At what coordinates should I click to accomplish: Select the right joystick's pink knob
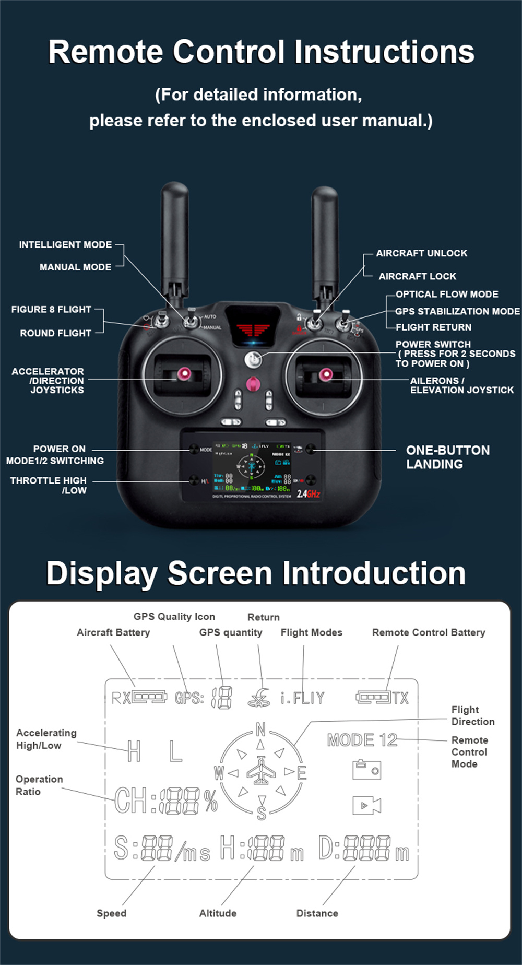pos(325,374)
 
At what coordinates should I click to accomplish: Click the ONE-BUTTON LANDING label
pos(447,457)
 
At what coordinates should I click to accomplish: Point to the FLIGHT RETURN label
pos(433,327)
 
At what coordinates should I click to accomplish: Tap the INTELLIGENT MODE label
pos(65,244)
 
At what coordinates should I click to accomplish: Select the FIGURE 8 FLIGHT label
pos(51,309)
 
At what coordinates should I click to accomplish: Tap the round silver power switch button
pos(253,359)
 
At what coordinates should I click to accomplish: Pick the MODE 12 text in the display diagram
pos(362,740)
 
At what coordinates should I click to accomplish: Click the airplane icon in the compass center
pos(261,771)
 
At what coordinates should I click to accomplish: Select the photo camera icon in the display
pos(366,770)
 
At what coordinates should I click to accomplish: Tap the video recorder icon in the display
pos(366,805)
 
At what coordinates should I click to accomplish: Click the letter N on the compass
pos(260,729)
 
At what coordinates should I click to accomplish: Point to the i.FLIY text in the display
pos(302,698)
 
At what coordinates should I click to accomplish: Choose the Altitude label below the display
pos(218,913)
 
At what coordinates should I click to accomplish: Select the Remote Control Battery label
pos(429,632)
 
